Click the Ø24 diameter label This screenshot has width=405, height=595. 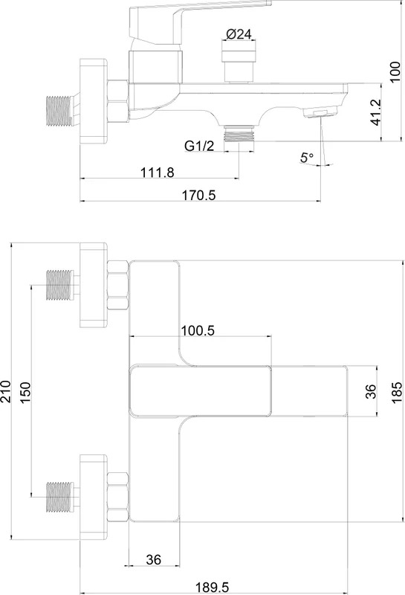pos(239,34)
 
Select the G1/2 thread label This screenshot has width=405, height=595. pos(199,146)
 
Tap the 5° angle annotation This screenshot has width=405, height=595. pos(307,157)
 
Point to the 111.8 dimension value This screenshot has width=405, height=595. pos(158,173)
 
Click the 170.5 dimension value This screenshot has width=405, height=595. pos(198,196)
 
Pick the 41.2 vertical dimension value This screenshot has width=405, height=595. pos(376,112)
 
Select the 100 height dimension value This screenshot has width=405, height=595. pos(395,71)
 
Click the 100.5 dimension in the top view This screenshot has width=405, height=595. pos(198,330)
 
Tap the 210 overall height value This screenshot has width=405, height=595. pos(6,392)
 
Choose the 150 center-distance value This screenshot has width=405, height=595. pos(25,393)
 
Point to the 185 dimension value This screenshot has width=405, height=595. pos(397,393)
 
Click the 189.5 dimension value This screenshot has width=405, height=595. pos(213,588)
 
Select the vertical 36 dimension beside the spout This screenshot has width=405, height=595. pos(371,391)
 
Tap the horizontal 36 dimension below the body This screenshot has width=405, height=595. pos(154,559)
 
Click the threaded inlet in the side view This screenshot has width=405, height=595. pos(59,111)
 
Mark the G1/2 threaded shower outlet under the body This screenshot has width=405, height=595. pos(239,133)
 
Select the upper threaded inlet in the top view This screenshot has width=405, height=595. pos(59,285)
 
